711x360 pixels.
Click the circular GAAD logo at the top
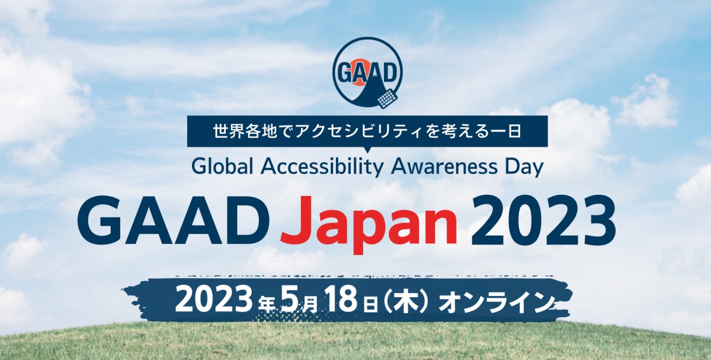pos(367,73)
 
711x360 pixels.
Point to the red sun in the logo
pos(358,72)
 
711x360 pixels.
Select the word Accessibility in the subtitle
pos(322,168)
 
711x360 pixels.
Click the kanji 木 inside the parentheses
pos(405,301)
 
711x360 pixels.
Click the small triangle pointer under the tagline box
pos(367,150)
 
